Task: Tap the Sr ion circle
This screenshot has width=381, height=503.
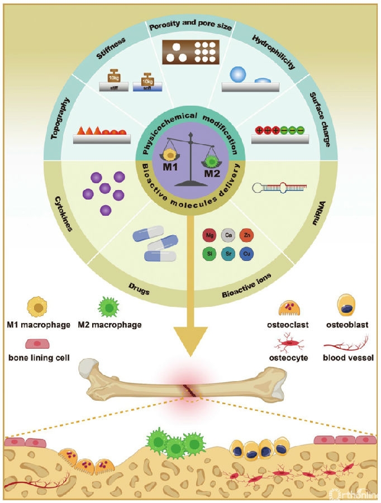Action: tap(227, 254)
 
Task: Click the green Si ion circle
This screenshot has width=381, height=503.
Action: tap(209, 254)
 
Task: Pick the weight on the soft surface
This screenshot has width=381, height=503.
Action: tap(148, 78)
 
